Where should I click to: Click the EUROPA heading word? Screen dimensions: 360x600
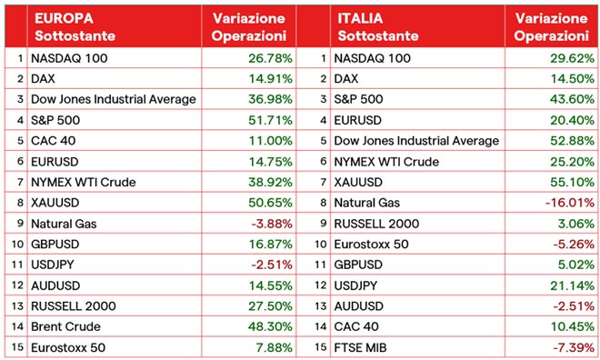(x=61, y=17)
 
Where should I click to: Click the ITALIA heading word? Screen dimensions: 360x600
(x=360, y=17)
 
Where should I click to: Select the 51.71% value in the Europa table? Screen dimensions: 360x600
(x=266, y=120)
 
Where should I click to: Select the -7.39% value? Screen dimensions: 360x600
(x=569, y=346)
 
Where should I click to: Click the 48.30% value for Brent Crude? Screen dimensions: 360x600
(x=266, y=325)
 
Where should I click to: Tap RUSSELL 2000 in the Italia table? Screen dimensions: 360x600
(x=374, y=223)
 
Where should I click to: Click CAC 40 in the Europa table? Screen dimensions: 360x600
(x=53, y=141)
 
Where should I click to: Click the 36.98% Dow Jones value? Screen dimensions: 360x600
(x=266, y=100)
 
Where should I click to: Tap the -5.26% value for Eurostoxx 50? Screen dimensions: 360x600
(x=569, y=244)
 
